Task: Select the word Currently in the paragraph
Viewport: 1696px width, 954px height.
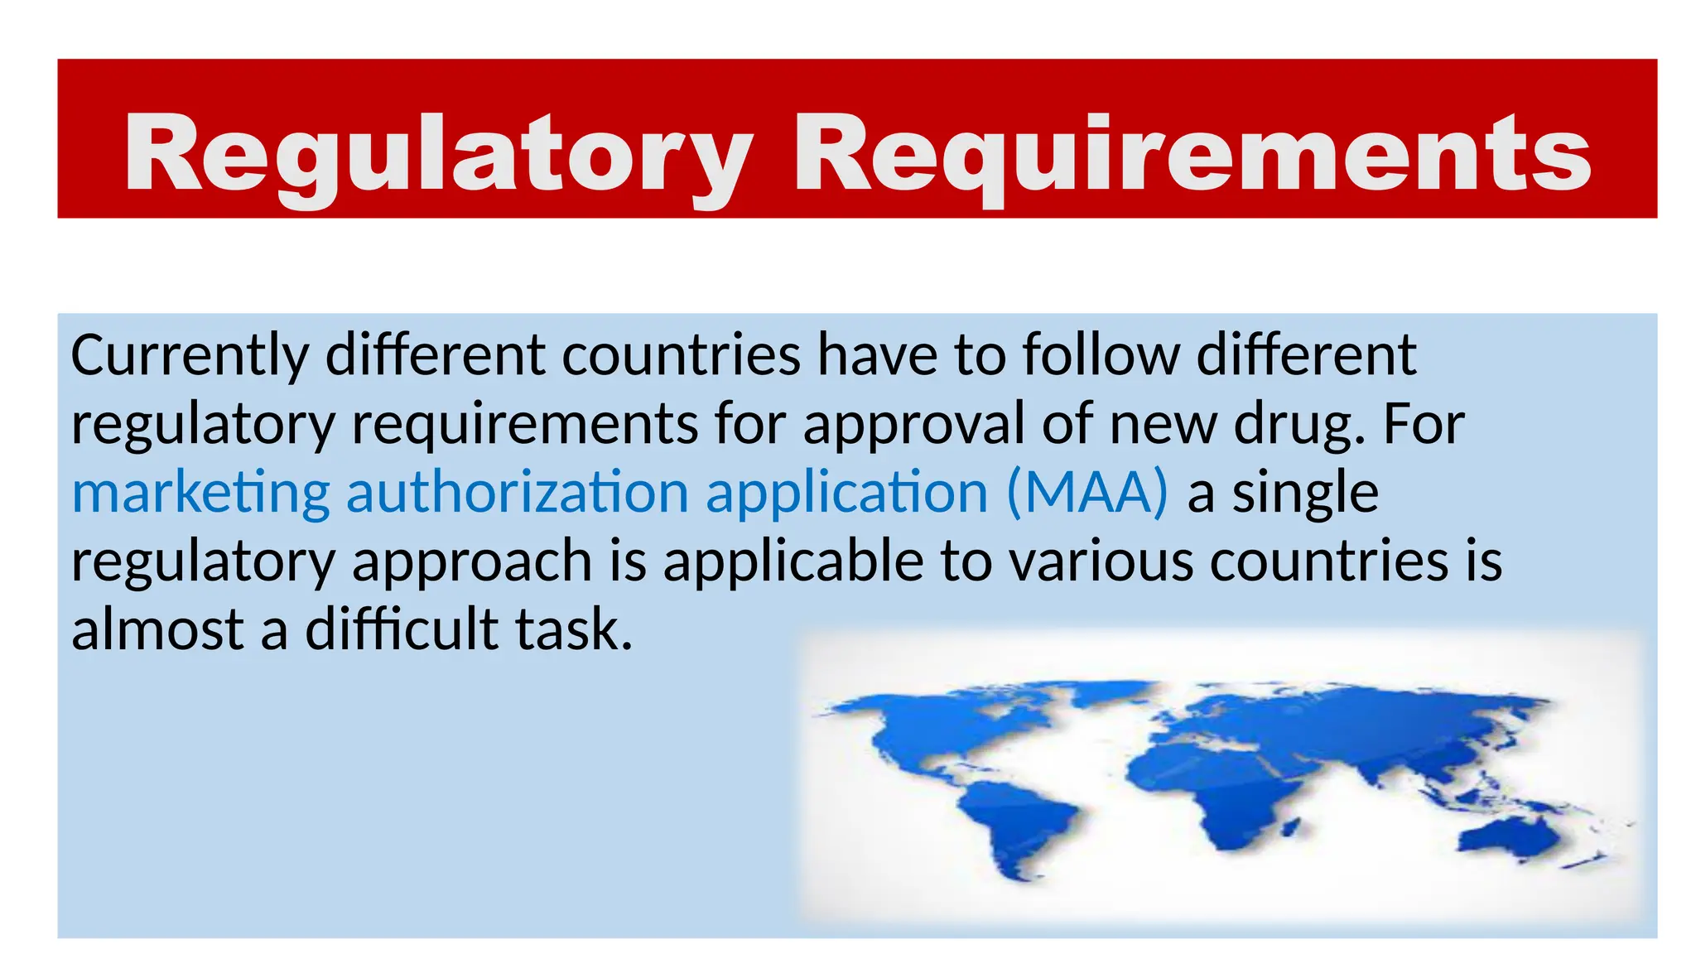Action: click(x=190, y=355)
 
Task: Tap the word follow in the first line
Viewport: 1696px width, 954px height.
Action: click(x=1101, y=355)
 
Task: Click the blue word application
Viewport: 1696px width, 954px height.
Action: click(x=847, y=494)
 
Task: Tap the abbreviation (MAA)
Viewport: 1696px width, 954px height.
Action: click(x=1087, y=493)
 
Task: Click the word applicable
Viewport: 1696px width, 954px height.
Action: click(x=793, y=561)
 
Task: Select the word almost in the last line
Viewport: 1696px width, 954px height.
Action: click(x=157, y=629)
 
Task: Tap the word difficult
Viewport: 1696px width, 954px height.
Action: click(x=402, y=629)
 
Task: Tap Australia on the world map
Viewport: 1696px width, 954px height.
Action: click(x=1507, y=836)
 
